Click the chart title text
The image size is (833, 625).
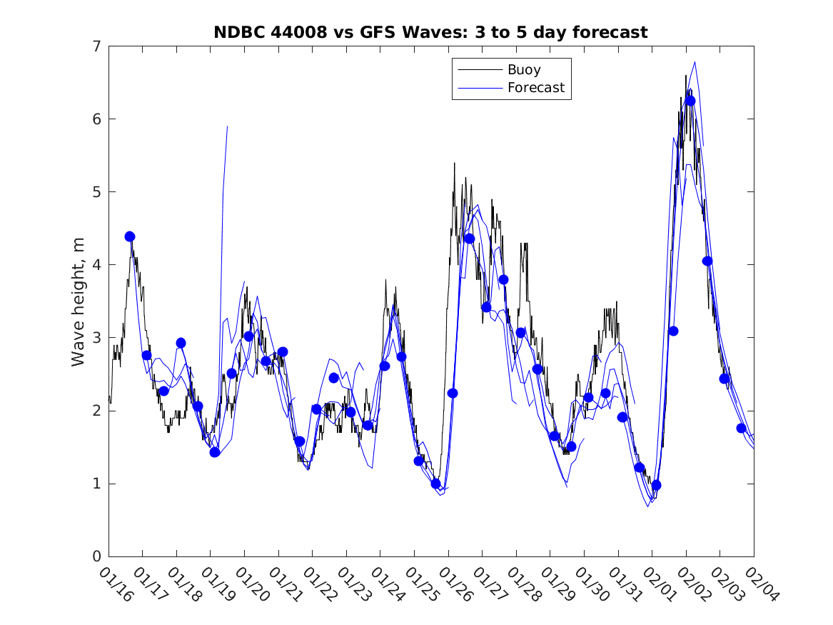[x=430, y=33]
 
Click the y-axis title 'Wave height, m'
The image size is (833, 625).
[x=79, y=301]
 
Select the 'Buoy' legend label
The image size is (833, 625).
[x=524, y=70]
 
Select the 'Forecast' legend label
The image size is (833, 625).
[x=536, y=88]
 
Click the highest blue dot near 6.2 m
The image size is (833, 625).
[x=690, y=101]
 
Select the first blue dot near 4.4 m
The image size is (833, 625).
[x=130, y=236]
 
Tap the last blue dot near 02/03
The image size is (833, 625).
[x=741, y=428]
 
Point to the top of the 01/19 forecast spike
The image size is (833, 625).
[x=227, y=126]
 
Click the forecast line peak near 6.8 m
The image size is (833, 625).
[x=695, y=61]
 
